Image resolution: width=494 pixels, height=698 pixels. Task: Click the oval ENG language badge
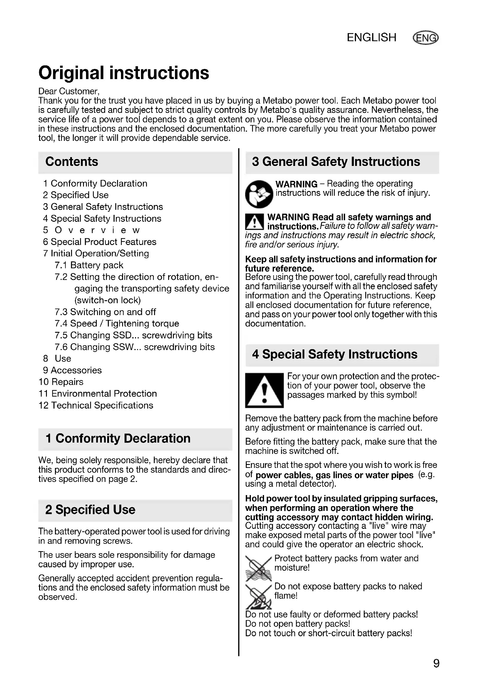pos(426,38)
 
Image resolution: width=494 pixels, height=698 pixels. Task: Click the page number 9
pos(436,663)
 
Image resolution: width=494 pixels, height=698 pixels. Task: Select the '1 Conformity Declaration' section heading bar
pos(135,439)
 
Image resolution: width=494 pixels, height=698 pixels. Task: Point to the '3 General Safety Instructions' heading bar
pos(342,162)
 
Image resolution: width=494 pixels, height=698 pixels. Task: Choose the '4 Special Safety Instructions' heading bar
pos(342,355)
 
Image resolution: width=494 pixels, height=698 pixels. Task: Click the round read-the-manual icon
pos(259,194)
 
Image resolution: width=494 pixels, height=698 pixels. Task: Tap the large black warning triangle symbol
pos(264,390)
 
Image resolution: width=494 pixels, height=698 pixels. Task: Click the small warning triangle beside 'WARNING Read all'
pos(254,222)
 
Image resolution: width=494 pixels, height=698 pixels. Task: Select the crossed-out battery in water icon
pos(258,568)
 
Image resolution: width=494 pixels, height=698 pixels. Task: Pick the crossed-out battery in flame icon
pos(258,596)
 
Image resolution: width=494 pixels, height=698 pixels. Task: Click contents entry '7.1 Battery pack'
pos(89,265)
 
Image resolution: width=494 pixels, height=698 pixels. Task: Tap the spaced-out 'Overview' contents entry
pos(91,230)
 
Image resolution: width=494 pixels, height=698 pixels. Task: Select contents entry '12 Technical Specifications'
pos(96,405)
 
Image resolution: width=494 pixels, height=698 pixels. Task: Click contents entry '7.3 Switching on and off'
pos(105,312)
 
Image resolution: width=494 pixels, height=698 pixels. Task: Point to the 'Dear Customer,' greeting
pos(69,91)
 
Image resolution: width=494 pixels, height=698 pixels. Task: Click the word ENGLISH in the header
pos(372,38)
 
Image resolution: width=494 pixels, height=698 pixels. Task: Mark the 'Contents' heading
pos(72,162)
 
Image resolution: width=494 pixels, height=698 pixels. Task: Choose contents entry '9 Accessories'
pos(72,370)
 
